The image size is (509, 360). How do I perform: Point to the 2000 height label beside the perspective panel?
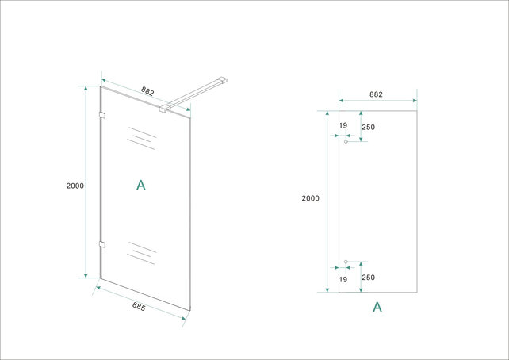[75, 185]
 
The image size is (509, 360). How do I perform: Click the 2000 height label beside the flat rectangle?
[310, 198]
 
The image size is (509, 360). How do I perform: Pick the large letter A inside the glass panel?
[141, 186]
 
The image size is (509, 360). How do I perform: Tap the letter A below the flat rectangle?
[377, 307]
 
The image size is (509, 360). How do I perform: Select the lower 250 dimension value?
[367, 278]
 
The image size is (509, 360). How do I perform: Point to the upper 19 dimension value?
[343, 125]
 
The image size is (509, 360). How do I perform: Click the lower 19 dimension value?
[343, 278]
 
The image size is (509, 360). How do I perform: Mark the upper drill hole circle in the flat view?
[346, 141]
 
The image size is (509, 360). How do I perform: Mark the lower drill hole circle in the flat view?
[346, 262]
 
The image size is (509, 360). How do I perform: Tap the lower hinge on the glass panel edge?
[101, 243]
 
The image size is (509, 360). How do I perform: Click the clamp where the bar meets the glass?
[164, 108]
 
